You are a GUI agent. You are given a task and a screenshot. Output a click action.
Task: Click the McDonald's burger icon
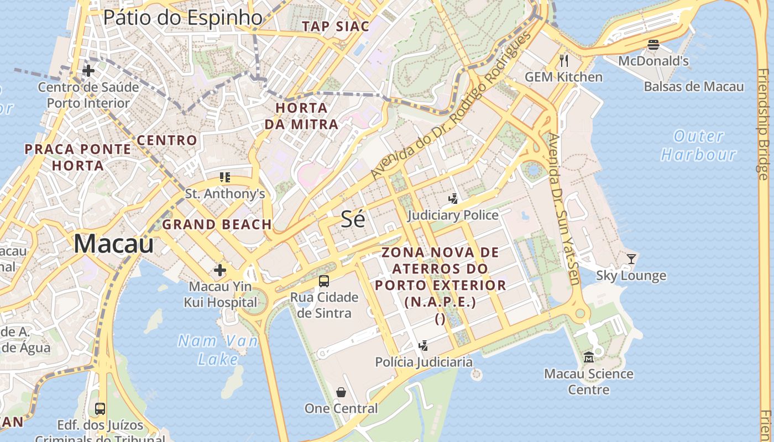coord(653,45)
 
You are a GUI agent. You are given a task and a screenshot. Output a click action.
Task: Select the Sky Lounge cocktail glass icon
coord(631,259)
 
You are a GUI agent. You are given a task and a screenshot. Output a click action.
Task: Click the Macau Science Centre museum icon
coord(588,357)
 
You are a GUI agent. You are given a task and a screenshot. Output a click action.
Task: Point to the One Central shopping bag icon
coord(341,392)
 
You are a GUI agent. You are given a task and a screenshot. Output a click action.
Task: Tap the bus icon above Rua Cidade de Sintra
coord(324,281)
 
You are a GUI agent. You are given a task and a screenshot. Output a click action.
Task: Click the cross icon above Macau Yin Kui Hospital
coord(220,270)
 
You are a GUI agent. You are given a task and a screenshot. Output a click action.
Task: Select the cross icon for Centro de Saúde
coord(88,71)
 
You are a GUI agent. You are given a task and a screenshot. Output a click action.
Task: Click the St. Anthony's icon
coord(224,177)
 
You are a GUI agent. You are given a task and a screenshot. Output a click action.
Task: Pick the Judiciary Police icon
coord(453,198)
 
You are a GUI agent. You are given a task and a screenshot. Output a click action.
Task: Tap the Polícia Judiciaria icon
coord(423,346)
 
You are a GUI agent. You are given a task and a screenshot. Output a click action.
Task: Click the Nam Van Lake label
coord(218,350)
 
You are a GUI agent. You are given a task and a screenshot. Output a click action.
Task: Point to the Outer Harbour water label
coord(699,145)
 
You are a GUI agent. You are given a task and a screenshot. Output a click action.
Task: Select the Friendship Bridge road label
coord(763,124)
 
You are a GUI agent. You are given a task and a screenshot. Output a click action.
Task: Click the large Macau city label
coord(113,244)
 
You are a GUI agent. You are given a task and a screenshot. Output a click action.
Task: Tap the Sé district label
coord(353,219)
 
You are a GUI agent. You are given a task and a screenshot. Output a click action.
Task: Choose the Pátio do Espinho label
coord(182,18)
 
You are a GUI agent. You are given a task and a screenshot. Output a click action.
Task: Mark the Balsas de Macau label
coord(693,87)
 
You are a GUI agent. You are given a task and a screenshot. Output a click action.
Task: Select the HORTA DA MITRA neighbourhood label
coord(301,116)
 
